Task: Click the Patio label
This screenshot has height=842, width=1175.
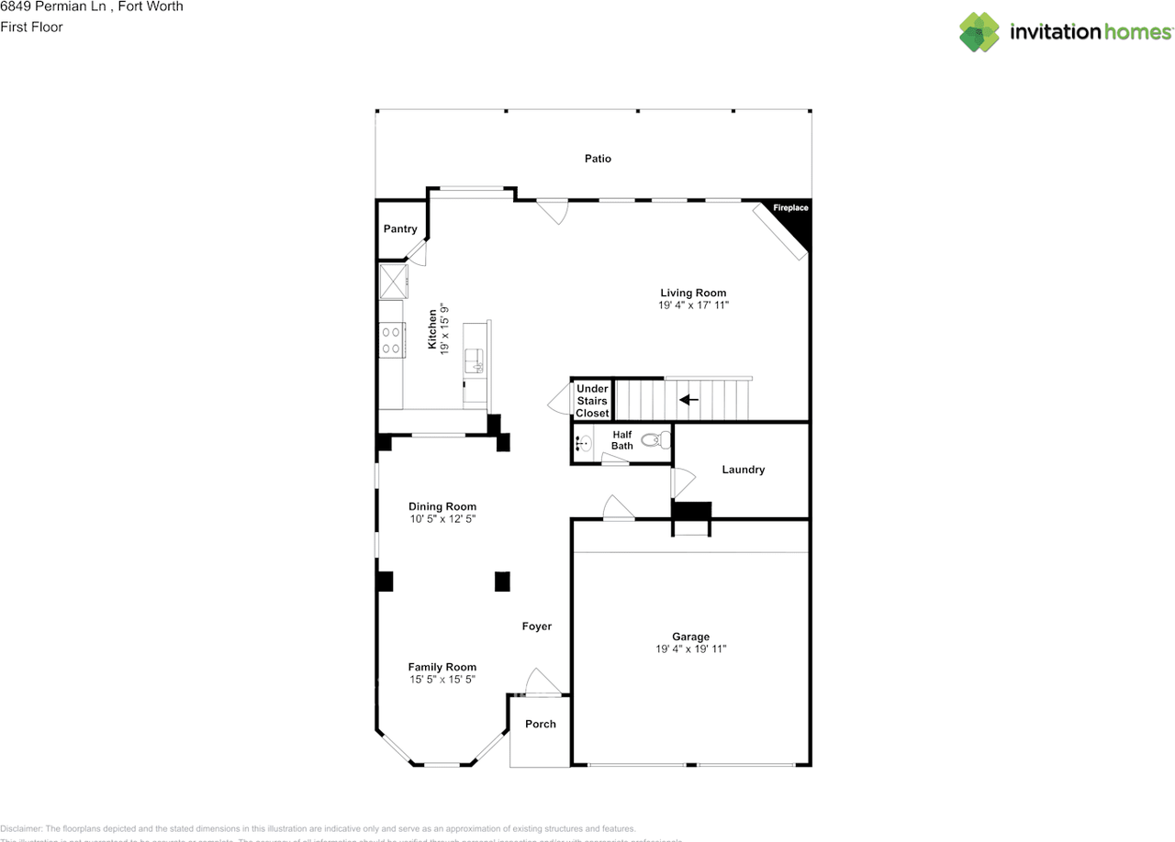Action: (598, 159)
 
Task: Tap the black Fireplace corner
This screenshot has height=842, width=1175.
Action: (792, 220)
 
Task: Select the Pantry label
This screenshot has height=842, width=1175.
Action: (400, 229)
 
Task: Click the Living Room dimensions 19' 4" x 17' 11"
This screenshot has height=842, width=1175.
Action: (693, 305)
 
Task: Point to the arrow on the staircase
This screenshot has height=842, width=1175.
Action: (688, 400)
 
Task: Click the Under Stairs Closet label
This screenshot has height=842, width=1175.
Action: (592, 401)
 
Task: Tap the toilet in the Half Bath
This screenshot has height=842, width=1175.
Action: (655, 440)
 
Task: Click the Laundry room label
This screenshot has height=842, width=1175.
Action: (743, 470)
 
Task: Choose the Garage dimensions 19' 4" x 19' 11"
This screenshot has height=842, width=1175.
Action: (690, 649)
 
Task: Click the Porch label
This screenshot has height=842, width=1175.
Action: (540, 725)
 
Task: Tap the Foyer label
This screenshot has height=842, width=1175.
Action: (537, 626)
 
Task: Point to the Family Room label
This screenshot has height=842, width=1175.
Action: (442, 667)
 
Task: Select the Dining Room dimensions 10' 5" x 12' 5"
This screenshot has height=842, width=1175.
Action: (442, 519)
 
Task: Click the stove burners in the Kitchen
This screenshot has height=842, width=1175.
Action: (391, 339)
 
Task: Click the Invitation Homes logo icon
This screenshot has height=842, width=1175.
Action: (979, 32)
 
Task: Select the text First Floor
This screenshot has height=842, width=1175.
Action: (32, 27)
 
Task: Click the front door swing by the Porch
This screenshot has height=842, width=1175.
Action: (542, 682)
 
